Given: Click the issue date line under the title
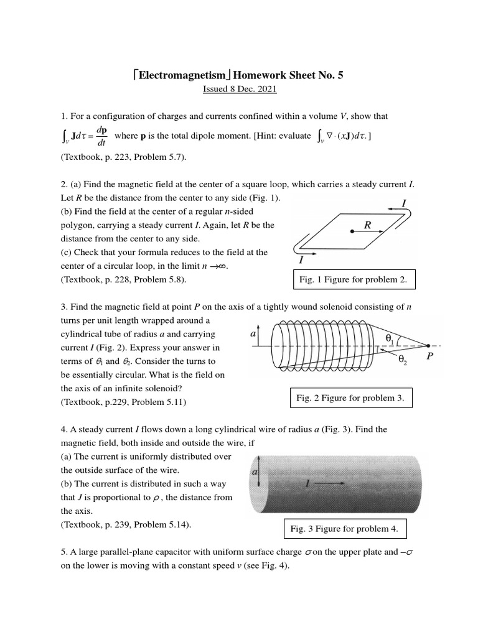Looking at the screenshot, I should tap(239, 90).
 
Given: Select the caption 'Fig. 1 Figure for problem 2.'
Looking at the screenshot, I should tap(353, 280).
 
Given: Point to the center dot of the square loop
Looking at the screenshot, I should tap(352, 231).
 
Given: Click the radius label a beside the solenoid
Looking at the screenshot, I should tap(253, 333).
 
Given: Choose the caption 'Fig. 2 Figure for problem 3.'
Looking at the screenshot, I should tap(350, 398).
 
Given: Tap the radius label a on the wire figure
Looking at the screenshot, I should tap(255, 473).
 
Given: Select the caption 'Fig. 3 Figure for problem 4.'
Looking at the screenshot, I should tap(345, 529).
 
